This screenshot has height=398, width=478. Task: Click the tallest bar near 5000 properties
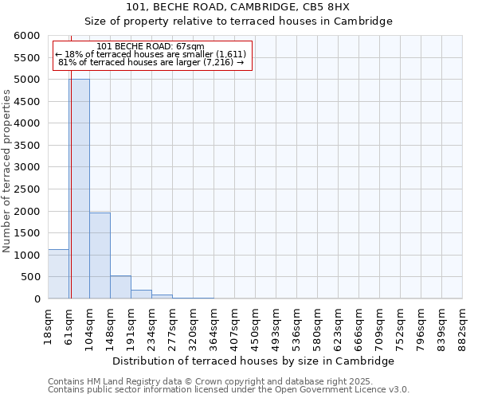(79, 189)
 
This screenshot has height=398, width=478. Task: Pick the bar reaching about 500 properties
(120, 287)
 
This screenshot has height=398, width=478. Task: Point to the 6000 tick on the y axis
(27, 36)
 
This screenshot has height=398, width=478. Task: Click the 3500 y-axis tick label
(27, 146)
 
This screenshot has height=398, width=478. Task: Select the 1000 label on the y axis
(27, 256)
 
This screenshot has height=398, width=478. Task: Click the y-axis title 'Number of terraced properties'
(7, 171)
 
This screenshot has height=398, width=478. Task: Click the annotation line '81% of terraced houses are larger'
(151, 61)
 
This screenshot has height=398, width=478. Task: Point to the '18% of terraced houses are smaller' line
(151, 53)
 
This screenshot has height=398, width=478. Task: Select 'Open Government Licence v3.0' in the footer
(343, 389)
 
